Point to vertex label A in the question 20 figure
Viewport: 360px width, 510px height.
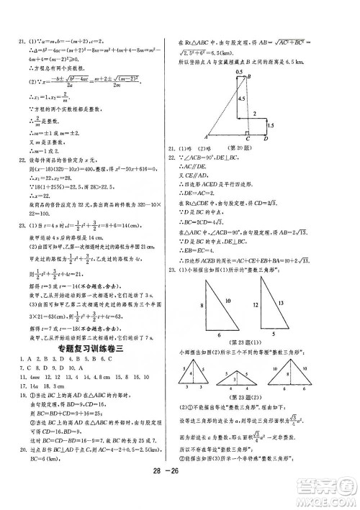coord(205,136)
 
